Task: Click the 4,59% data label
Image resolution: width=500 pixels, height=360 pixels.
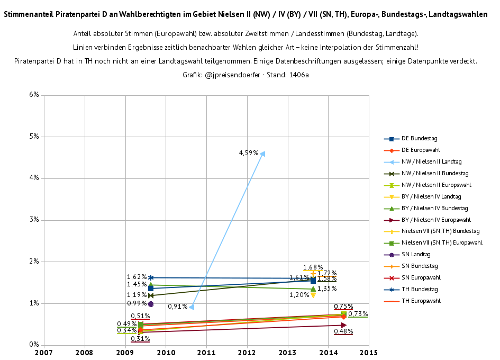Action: point(249,153)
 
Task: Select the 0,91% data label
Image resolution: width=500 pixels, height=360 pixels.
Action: point(178,307)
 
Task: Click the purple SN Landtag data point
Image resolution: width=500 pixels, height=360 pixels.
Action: point(151,304)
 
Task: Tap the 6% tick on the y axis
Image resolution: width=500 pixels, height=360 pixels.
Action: point(34,95)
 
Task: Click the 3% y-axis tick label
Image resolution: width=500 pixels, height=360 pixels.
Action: point(34,220)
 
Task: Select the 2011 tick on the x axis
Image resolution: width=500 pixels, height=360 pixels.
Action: point(206,352)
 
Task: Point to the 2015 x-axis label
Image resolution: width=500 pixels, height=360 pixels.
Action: point(369,352)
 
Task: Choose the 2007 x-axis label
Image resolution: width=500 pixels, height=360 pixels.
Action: point(44,352)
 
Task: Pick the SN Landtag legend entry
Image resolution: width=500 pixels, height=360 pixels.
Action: point(416,255)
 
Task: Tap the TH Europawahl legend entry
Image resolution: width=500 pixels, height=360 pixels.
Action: point(421,301)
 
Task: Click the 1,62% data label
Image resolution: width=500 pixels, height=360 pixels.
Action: point(137,277)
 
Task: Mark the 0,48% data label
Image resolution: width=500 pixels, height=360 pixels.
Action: point(343,331)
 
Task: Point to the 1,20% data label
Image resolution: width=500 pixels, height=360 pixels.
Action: point(299,295)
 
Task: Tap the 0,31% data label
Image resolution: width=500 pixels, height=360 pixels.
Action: point(140,339)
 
